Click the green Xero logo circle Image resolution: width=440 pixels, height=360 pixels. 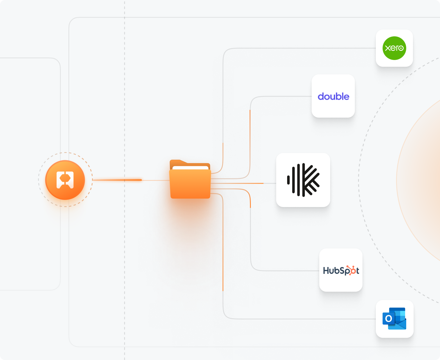pyautogui.click(x=394, y=48)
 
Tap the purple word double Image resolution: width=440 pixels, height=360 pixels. pyautogui.click(x=333, y=97)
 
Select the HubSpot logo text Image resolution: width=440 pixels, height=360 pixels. pyautogui.click(x=341, y=271)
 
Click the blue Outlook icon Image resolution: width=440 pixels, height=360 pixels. pyautogui.click(x=394, y=319)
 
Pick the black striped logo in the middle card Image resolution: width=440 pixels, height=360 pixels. pyautogui.click(x=303, y=180)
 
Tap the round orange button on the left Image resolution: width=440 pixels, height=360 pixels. pyautogui.click(x=65, y=180)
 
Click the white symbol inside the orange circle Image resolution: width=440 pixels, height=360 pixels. pyautogui.click(x=65, y=180)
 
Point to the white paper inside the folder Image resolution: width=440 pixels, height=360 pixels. pyautogui.click(x=190, y=168)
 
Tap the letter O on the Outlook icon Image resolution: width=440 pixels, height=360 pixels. pyautogui.click(x=388, y=319)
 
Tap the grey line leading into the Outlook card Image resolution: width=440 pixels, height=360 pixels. pyautogui.click(x=310, y=319)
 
